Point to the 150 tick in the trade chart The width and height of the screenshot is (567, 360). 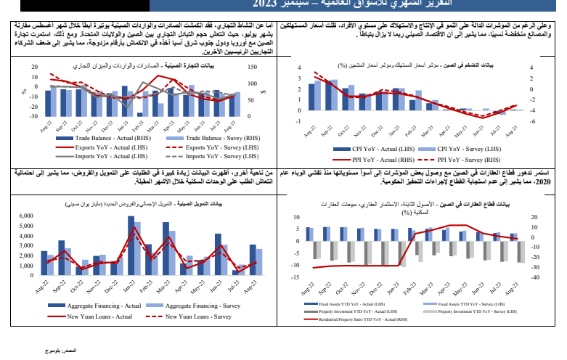pos(250,68)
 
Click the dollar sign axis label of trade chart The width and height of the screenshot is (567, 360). pos(264,91)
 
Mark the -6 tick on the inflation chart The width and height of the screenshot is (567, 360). pos(533,122)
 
